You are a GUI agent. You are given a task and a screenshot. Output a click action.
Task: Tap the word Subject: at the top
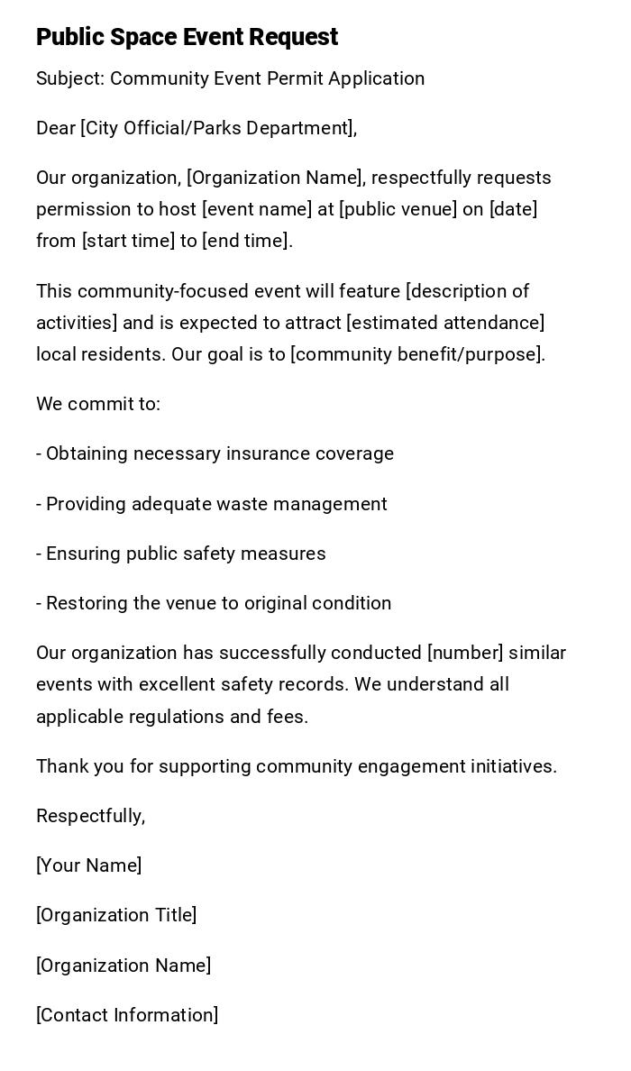click(70, 78)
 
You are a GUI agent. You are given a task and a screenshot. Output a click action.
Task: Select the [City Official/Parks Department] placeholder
click(218, 128)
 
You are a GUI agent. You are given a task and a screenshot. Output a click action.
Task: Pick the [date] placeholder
click(513, 209)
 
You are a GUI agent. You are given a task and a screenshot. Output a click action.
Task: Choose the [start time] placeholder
click(127, 241)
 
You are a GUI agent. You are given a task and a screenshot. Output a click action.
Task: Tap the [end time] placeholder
click(247, 241)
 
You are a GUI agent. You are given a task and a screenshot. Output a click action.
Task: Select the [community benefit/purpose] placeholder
click(417, 354)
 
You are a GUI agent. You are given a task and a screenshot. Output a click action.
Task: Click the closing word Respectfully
click(90, 816)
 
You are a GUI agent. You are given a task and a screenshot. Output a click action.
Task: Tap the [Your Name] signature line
click(89, 865)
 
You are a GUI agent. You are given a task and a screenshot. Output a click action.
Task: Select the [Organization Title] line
click(116, 915)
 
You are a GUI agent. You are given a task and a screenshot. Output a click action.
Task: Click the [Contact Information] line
click(127, 1015)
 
